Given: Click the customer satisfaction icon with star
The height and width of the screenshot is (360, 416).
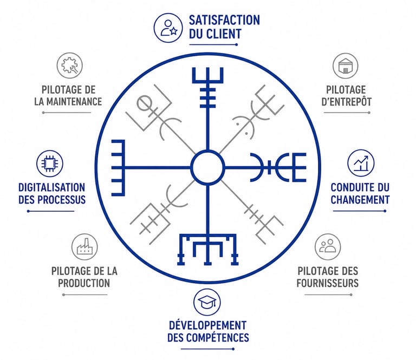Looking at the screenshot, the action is pos(168,27).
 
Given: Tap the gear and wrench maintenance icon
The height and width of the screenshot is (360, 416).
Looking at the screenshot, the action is pos(70,66).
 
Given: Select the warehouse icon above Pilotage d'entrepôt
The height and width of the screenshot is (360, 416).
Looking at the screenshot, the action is pos(345,66).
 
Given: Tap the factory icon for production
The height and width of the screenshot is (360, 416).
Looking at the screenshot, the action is pos(84,247).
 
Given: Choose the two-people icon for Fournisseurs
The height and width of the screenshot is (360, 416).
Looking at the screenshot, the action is pos(328,247).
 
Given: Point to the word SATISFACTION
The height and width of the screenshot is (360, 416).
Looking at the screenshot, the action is pos(224,21).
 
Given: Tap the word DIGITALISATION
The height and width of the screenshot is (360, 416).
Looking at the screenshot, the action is pos(51,187).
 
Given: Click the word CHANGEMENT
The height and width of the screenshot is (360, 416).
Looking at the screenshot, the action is pos(361,199).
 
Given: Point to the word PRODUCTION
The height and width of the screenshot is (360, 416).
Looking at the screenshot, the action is pos(84,283).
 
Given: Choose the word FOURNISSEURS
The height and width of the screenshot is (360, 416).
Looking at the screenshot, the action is pos(328,283).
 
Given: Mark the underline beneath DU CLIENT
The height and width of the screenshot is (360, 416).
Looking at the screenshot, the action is pos(213,44).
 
